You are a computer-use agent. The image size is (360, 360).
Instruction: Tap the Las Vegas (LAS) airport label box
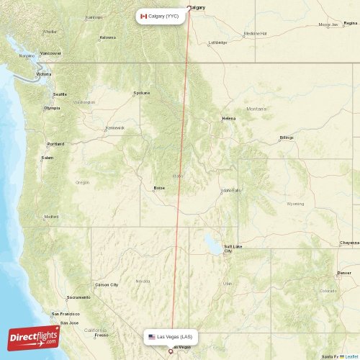[x=171, y=337]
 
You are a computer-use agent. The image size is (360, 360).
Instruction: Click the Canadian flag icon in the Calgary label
[x=143, y=16]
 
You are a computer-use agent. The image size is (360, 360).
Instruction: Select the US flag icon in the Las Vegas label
[x=151, y=337]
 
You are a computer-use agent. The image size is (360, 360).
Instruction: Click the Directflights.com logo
[x=34, y=336]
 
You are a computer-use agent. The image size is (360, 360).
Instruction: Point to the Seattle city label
[x=60, y=94]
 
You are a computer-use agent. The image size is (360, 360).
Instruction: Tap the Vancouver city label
[x=50, y=53]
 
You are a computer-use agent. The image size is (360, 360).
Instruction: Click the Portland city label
[x=55, y=144]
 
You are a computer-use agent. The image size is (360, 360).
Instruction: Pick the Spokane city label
[x=142, y=93]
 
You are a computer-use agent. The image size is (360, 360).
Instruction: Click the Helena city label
[x=229, y=118]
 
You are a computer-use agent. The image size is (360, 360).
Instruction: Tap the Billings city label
[x=287, y=137]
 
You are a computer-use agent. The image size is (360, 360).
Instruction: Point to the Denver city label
[x=344, y=274]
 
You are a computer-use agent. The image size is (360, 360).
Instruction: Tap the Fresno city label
[x=101, y=335]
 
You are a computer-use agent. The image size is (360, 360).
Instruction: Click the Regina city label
[x=350, y=23]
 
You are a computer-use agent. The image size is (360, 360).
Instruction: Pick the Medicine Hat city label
[x=256, y=33]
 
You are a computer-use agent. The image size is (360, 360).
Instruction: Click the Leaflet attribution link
[x=351, y=356]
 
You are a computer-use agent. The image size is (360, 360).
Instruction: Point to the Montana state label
[x=256, y=109]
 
